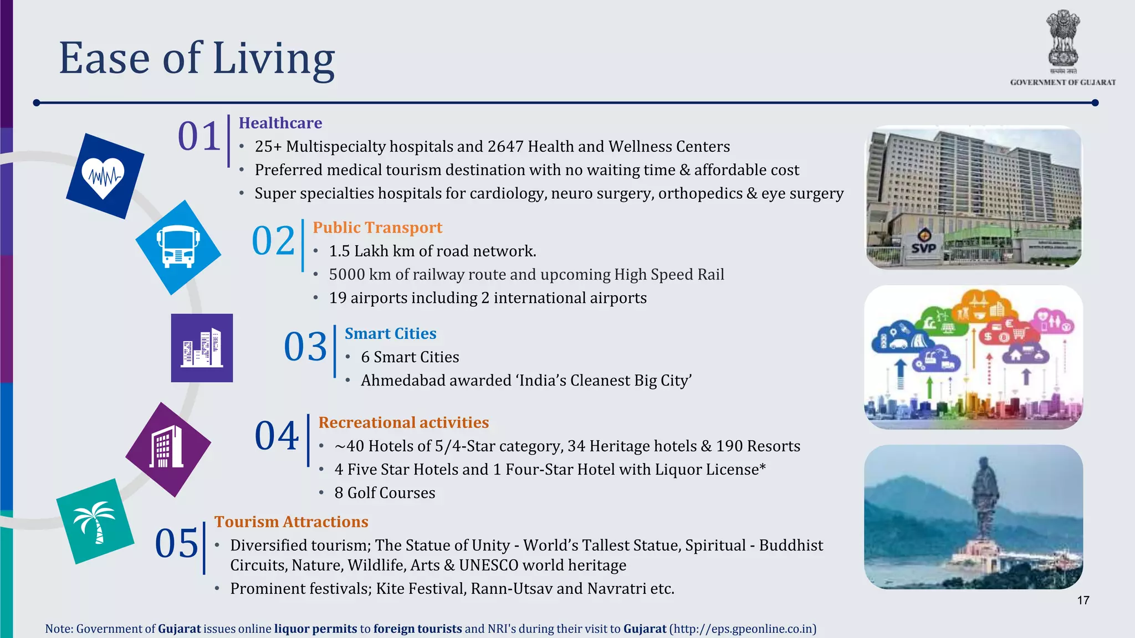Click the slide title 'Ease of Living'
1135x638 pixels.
pos(197,58)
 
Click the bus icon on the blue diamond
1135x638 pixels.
pos(178,247)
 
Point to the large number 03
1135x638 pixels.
pos(305,347)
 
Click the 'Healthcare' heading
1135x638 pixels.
pos(280,123)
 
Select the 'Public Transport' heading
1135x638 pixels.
pos(377,228)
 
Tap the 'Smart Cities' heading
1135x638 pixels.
pos(391,333)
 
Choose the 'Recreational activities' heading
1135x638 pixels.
pos(403,423)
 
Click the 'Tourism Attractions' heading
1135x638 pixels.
pos(292,522)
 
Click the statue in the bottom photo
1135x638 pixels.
pos(984,498)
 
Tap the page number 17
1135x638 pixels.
pos(1083,600)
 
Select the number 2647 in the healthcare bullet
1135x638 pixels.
pos(505,146)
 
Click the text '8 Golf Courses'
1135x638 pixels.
pos(385,493)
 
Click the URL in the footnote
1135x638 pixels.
pos(743,629)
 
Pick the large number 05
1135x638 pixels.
pos(176,543)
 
